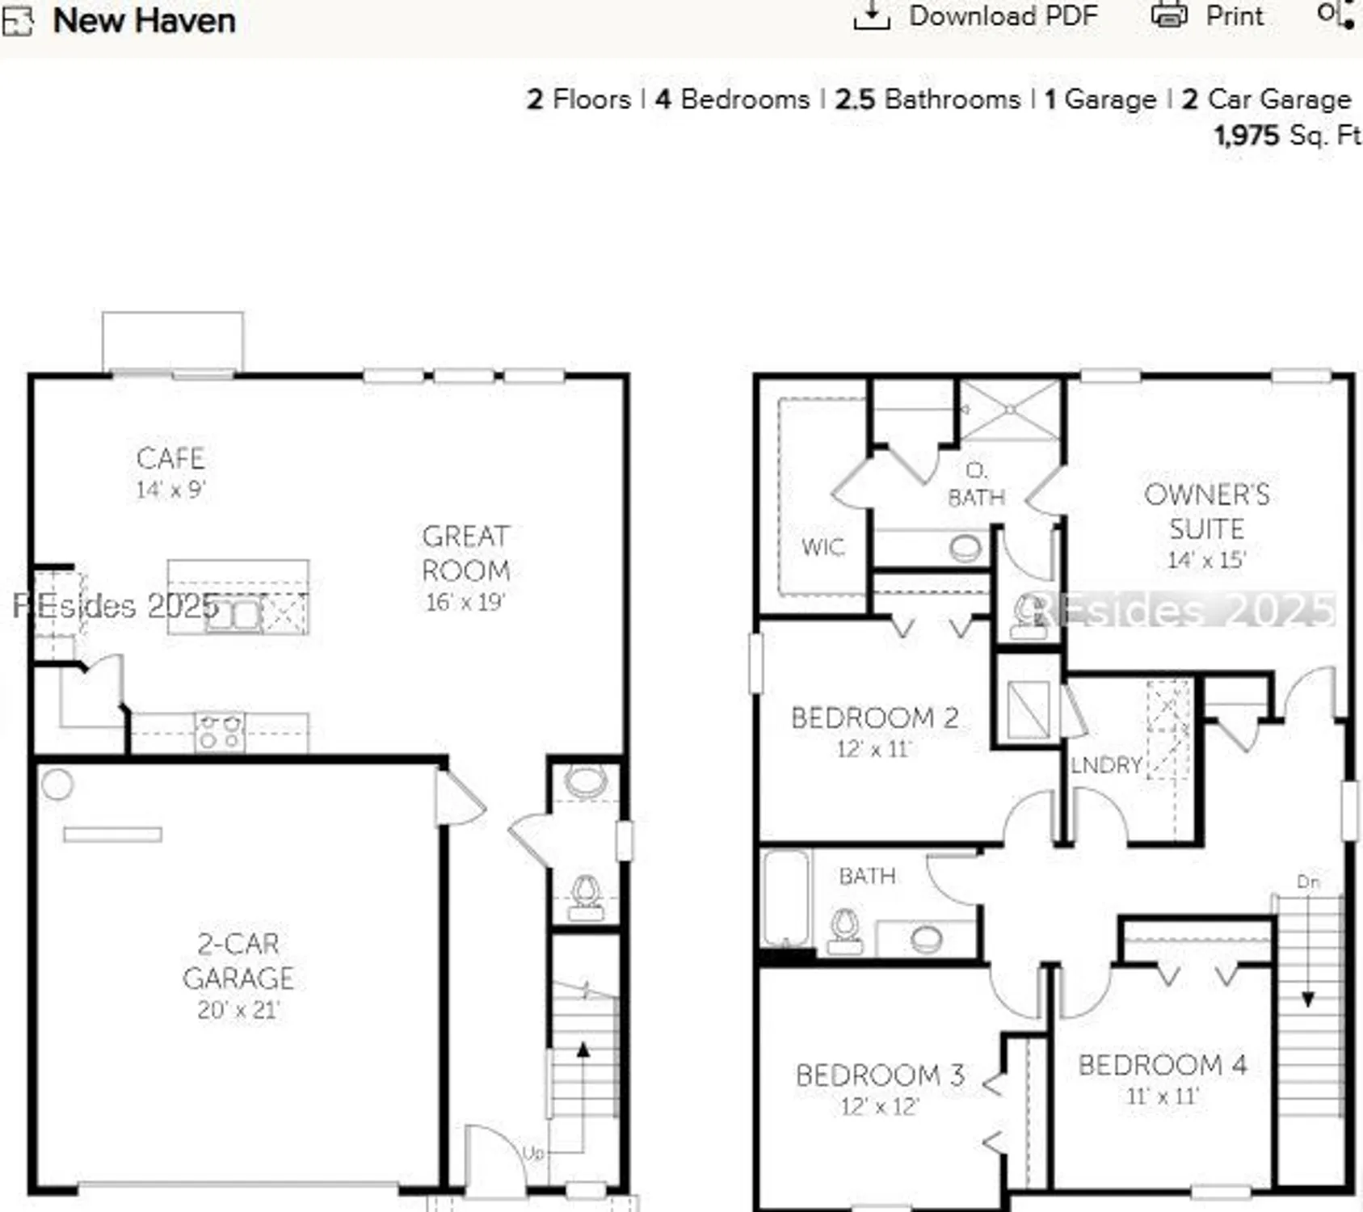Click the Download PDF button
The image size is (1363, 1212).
[976, 16]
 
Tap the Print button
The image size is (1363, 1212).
[1208, 16]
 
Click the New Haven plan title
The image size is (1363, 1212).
[144, 20]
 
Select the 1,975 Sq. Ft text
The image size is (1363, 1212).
[1286, 135]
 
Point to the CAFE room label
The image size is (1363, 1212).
[170, 458]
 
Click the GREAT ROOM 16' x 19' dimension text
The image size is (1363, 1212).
[465, 602]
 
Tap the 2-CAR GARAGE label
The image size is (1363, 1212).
[238, 961]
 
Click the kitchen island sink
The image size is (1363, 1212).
[233, 614]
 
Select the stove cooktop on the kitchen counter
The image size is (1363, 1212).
[220, 732]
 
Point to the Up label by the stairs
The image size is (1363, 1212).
[533, 1153]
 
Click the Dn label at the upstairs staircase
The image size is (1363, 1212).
[1308, 882]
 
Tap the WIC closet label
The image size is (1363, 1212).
[822, 547]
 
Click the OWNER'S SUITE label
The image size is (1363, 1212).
[1206, 511]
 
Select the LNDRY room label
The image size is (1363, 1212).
[1105, 765]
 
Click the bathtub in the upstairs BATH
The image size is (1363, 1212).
[785, 897]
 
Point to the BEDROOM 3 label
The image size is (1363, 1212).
[879, 1075]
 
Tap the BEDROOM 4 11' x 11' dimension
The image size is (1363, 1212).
[1162, 1096]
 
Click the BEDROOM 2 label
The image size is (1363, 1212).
[874, 718]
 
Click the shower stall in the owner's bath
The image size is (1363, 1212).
[1010, 410]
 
